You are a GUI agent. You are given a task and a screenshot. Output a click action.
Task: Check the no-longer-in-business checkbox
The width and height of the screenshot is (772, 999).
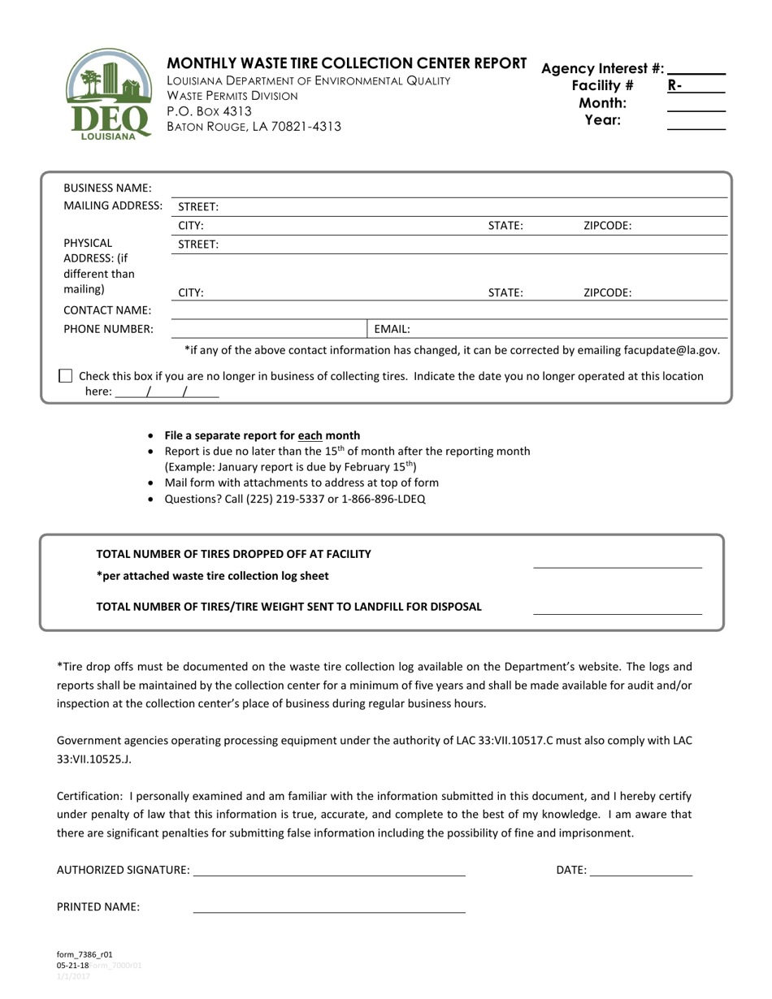click(66, 376)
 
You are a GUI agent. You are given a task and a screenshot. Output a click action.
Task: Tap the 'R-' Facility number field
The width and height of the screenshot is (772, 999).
click(696, 85)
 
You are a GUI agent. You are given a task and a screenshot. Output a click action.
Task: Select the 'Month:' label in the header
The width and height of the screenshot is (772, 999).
click(602, 103)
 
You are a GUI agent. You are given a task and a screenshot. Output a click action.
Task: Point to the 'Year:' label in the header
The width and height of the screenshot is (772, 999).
click(603, 120)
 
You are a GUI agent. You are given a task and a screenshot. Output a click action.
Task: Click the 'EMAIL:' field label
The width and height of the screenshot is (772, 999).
click(392, 330)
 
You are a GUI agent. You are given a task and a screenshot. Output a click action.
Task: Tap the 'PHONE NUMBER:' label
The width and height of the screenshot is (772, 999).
click(108, 329)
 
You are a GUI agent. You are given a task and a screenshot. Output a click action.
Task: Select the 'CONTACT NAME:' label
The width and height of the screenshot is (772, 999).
click(107, 310)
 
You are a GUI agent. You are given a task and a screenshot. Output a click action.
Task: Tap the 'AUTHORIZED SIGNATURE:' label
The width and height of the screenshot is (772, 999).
click(123, 870)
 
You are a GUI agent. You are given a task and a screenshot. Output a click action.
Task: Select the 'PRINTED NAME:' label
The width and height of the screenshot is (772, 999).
click(98, 907)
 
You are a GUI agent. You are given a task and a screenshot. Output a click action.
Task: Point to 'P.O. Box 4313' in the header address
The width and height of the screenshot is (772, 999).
click(209, 111)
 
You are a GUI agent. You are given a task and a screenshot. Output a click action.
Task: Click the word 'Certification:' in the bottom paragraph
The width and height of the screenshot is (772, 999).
click(89, 797)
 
